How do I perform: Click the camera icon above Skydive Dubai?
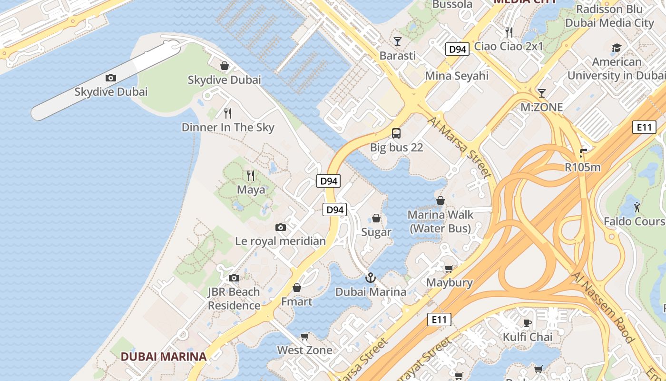click(x=111, y=78)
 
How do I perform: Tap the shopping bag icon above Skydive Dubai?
click(x=225, y=66)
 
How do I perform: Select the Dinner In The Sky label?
click(x=228, y=128)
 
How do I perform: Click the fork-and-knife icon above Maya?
click(x=251, y=176)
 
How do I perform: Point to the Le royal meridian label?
click(x=280, y=241)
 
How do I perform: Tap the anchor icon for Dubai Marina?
click(x=371, y=278)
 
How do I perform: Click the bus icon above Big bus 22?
click(x=396, y=133)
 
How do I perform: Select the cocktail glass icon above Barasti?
click(x=398, y=41)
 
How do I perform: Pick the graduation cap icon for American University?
click(x=617, y=48)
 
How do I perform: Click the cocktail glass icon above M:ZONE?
click(x=541, y=93)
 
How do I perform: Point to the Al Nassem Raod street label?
click(x=603, y=308)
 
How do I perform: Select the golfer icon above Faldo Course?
click(x=637, y=207)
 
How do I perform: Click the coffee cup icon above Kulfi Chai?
click(x=527, y=323)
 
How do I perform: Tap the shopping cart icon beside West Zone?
click(x=305, y=336)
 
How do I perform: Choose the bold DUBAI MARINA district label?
click(x=163, y=357)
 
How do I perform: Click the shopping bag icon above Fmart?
click(x=297, y=288)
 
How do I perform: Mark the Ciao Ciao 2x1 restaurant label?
click(x=509, y=47)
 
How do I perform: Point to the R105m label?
click(x=583, y=167)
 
